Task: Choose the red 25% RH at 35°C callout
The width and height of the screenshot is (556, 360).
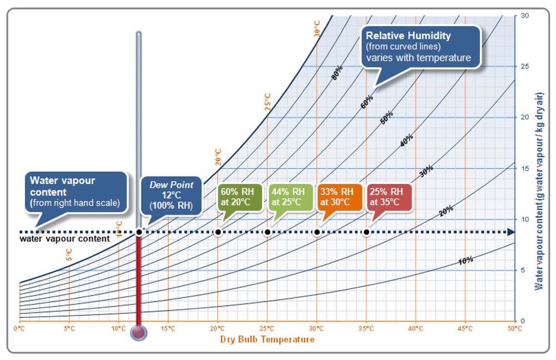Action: pyautogui.click(x=388, y=197)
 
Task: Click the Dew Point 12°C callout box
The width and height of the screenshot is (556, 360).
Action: pyautogui.click(x=171, y=194)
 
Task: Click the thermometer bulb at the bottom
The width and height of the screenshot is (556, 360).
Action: pyautogui.click(x=138, y=332)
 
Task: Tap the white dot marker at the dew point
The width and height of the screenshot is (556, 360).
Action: pyautogui.click(x=138, y=232)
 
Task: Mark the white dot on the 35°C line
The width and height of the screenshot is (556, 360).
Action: pyautogui.click(x=366, y=232)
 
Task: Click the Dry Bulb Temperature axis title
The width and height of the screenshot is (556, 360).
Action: pyautogui.click(x=267, y=339)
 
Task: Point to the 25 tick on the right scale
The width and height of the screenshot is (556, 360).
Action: pyautogui.click(x=524, y=66)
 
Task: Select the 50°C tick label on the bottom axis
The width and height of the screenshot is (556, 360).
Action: pyautogui.click(x=514, y=328)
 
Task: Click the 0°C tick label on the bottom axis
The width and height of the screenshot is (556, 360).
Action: pyautogui.click(x=19, y=328)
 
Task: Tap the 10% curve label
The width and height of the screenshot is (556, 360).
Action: pyautogui.click(x=465, y=259)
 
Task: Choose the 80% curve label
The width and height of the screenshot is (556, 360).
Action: pyautogui.click(x=337, y=73)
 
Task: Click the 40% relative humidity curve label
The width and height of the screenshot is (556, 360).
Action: pyautogui.click(x=406, y=141)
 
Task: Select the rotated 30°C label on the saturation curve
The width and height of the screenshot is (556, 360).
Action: pyautogui.click(x=317, y=29)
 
